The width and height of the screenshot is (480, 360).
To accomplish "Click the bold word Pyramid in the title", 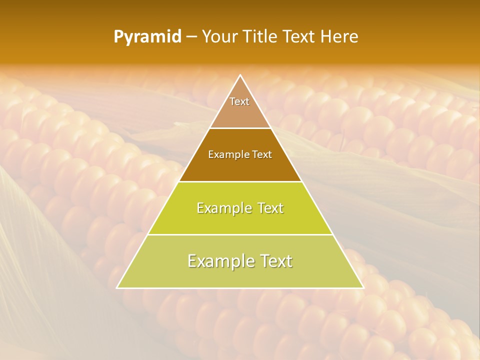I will pos(147,37).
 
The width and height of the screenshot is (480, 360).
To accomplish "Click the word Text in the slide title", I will pos(300,37).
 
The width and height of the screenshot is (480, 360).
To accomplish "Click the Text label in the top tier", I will pos(239,101).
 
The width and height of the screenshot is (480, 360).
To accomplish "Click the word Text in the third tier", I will pos(268,208).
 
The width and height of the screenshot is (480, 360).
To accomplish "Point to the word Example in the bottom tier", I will pos(216,261).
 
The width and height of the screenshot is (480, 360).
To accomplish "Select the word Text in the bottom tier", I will pos(275,261).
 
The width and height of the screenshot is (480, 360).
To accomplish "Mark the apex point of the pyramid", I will pos(240,75).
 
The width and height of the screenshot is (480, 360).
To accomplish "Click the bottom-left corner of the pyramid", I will pos(117,288).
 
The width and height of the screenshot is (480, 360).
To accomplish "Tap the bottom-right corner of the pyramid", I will pos(363,288).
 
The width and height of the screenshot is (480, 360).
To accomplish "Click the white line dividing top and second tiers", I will pos(240,128).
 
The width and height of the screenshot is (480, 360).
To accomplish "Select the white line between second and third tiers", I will pos(240,181).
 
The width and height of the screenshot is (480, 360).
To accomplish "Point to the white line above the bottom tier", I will pos(240,234).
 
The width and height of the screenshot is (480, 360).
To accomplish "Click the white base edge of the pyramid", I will pos(240,288).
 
